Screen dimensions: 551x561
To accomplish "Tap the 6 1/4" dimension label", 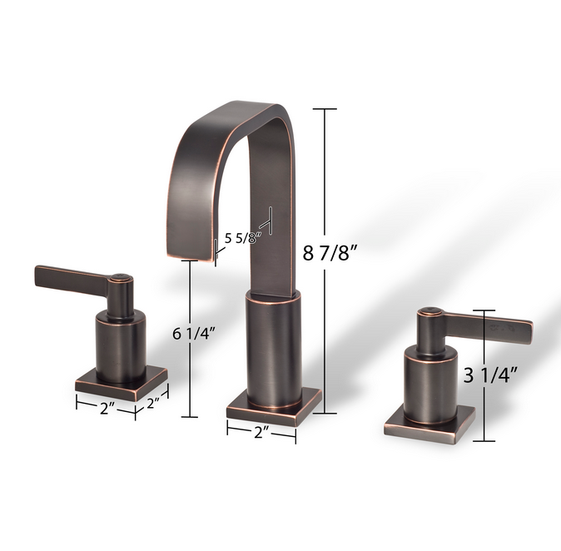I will [194, 334].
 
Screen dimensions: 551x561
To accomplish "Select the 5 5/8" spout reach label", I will [243, 236].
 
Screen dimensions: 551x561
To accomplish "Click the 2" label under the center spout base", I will [261, 433].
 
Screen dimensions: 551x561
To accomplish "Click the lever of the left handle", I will [71, 278].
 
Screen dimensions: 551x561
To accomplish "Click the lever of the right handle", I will [491, 325].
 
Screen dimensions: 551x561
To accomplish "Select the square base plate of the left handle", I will [121, 385].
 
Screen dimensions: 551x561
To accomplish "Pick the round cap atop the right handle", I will [428, 312].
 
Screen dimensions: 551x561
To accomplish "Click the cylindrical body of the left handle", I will [121, 345].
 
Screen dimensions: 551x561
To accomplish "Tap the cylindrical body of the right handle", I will [429, 383].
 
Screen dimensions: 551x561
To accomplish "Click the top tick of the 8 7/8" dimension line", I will [325, 109].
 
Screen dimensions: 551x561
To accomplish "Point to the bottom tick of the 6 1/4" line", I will [194, 416].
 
